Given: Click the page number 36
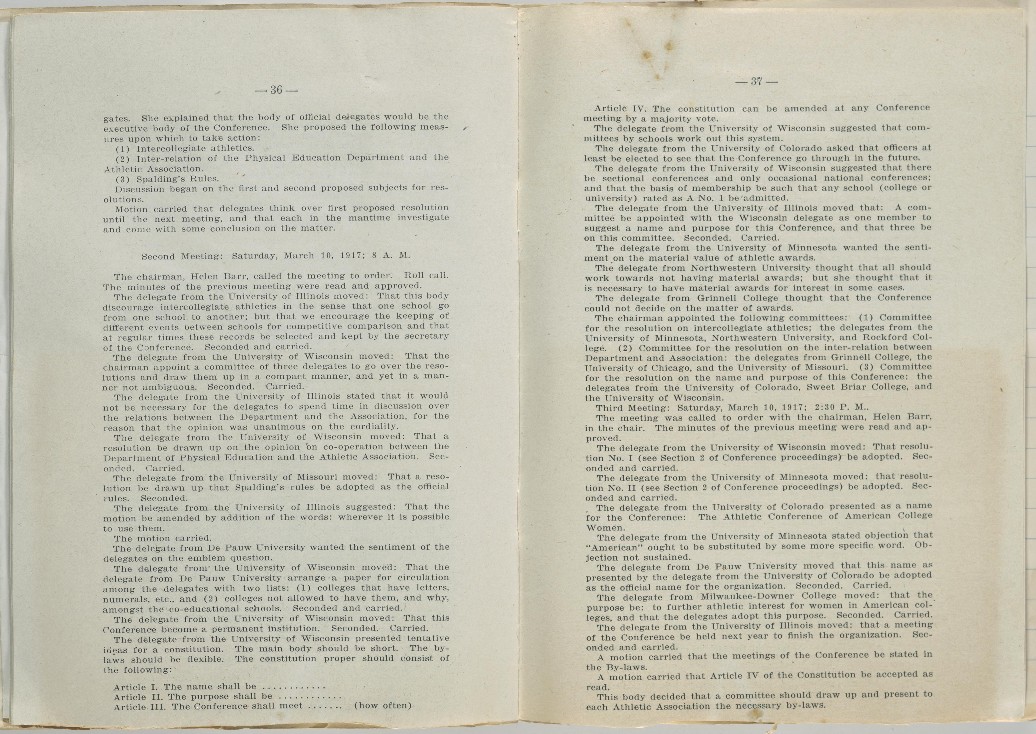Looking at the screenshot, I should click(276, 90).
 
